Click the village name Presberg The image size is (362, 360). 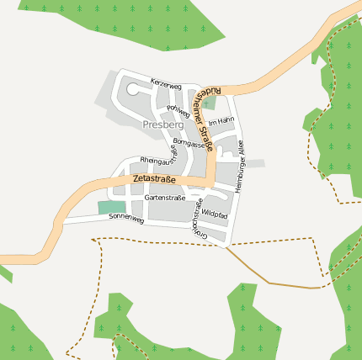[163, 124]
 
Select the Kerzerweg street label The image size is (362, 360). [166, 84]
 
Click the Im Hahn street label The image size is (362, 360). [221, 121]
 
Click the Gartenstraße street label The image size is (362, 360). [164, 197]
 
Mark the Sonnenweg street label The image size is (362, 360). [126, 217]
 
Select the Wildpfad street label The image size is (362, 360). [214, 214]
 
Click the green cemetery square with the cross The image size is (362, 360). [209, 103]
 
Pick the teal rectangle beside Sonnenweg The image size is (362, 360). [110, 208]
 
